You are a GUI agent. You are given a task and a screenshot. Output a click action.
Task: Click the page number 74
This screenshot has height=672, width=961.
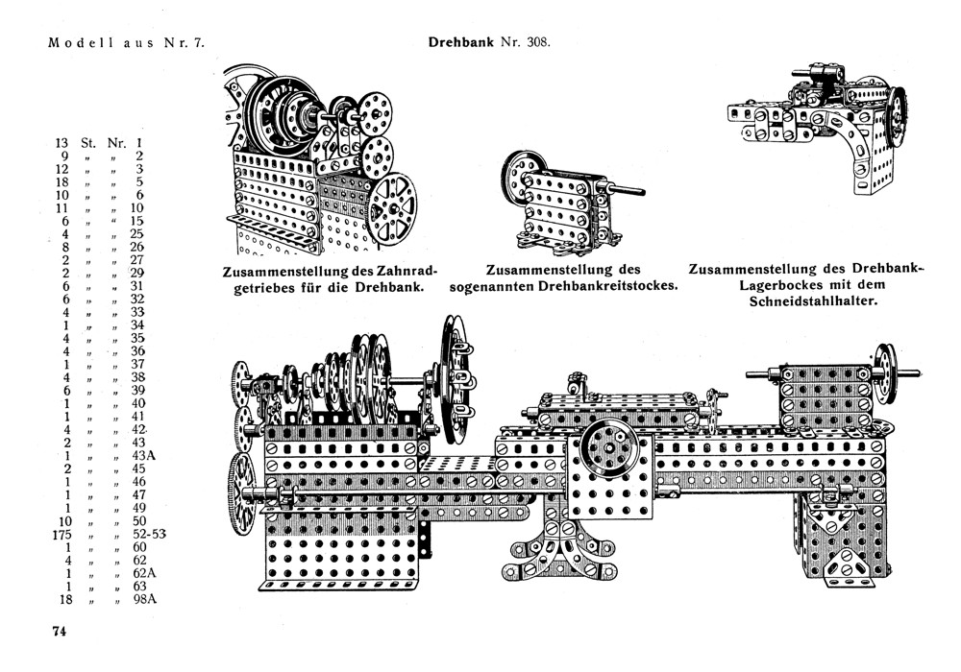click(60, 631)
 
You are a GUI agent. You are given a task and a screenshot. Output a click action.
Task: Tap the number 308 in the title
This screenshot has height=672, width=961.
click(532, 43)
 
